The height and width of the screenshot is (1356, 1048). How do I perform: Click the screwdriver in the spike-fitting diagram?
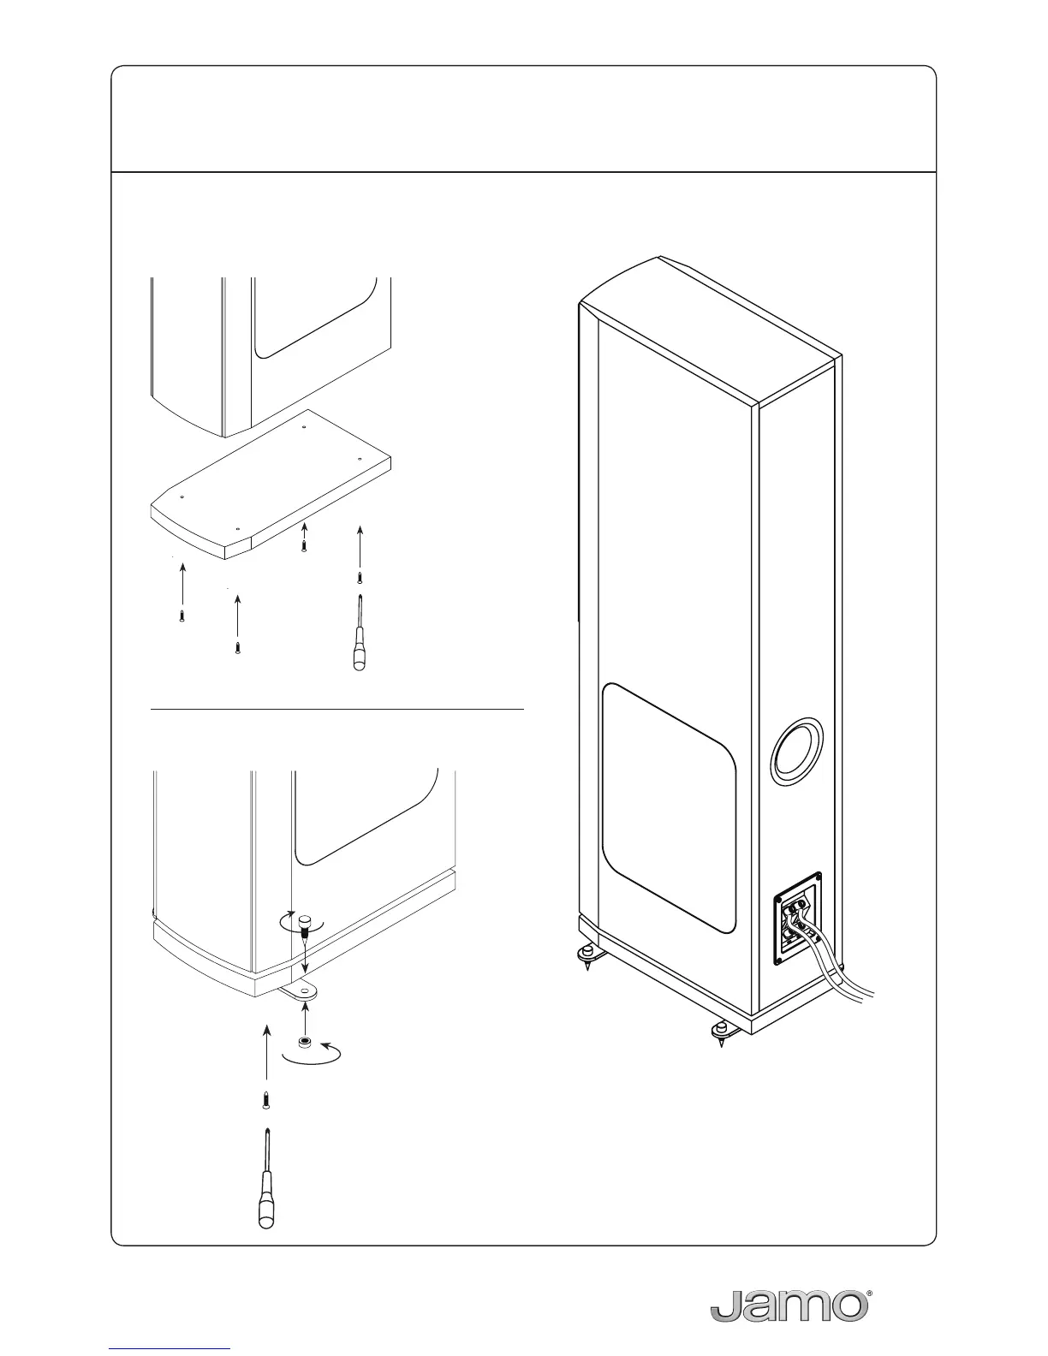pos(267,1181)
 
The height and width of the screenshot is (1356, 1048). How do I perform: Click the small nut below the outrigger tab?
pos(304,1043)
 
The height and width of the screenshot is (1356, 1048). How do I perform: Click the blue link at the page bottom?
pos(170,1348)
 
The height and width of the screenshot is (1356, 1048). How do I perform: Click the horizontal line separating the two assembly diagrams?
pos(336,710)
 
